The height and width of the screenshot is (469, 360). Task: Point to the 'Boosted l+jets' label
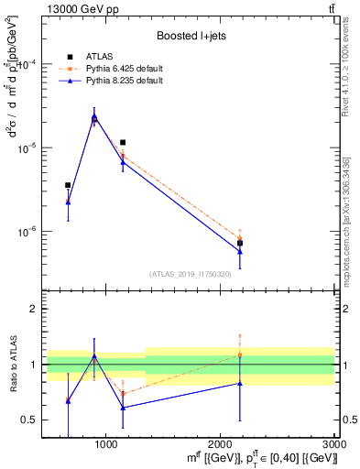[x=189, y=36]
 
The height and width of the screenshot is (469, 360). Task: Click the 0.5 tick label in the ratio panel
[x=29, y=420]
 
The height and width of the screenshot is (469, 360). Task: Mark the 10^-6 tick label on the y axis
[x=27, y=231]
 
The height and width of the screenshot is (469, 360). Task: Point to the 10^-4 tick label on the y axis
[x=27, y=65]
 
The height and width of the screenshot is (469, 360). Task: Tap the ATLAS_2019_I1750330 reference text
[x=190, y=274]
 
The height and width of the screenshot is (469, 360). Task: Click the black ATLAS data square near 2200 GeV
[x=240, y=243]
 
